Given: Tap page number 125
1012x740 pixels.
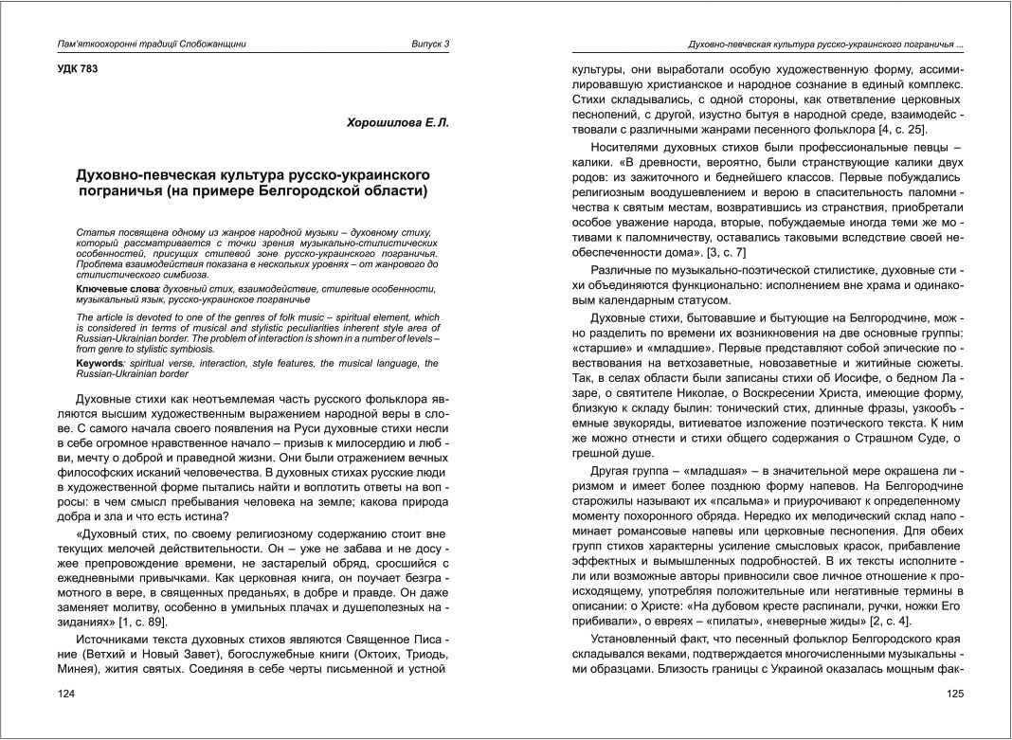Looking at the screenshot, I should click(x=955, y=694).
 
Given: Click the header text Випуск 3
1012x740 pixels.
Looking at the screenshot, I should click(x=430, y=44).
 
